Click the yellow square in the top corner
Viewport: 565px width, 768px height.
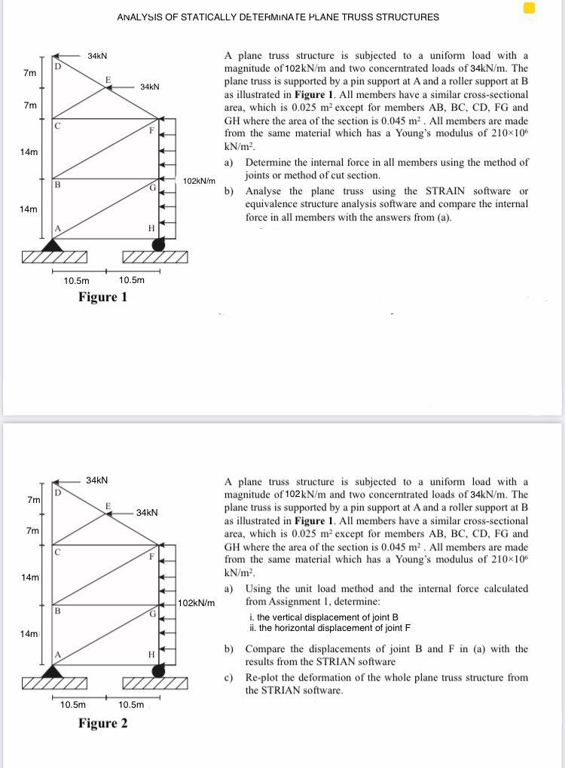tap(529, 8)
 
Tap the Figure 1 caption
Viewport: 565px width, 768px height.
tap(102, 297)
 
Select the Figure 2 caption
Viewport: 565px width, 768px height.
tap(102, 724)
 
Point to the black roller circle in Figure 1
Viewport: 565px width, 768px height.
tap(158, 244)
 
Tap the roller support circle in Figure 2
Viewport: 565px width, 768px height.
tap(158, 670)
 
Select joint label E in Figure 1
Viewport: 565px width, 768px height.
tap(108, 79)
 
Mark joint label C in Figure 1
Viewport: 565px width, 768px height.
tap(57, 126)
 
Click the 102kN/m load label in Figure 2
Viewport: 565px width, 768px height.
tap(199, 603)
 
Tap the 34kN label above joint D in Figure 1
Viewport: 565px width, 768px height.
tap(97, 56)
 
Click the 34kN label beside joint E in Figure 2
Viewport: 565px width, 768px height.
tap(147, 513)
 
